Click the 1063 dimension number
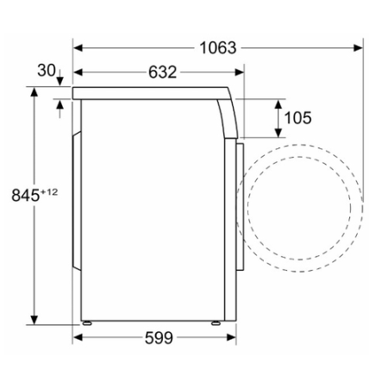pyautogui.click(x=218, y=47)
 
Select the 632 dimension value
pyautogui.click(x=162, y=72)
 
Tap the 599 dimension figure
pyautogui.click(x=159, y=338)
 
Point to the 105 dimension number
pyautogui.click(x=297, y=118)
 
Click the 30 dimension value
pyautogui.click(x=47, y=71)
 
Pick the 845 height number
pyautogui.click(x=25, y=196)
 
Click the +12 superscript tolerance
pyautogui.click(x=49, y=191)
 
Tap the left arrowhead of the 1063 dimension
pyautogui.click(x=78, y=47)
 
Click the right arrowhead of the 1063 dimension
pyautogui.click(x=358, y=47)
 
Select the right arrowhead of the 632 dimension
pyautogui.click(x=239, y=72)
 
